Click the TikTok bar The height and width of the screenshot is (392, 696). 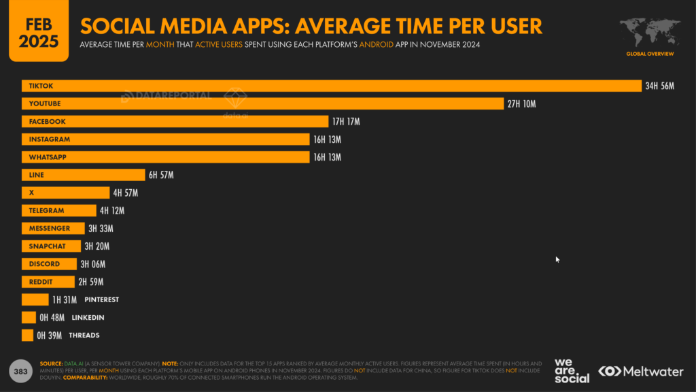[332, 86]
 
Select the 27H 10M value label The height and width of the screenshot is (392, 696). [522, 103]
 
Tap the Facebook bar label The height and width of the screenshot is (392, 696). [47, 121]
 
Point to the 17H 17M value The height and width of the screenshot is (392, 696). [346, 121]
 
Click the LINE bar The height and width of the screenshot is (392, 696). [83, 175]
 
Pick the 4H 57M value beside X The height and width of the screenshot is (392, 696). [126, 193]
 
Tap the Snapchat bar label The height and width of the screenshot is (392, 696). [47, 246]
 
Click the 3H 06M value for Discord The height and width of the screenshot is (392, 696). [93, 264]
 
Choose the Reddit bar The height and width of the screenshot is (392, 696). [48, 282]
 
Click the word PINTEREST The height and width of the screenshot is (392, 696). [102, 299]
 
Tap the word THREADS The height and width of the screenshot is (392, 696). [84, 335]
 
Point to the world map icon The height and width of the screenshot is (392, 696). [650, 32]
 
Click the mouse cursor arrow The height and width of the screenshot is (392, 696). [557, 259]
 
